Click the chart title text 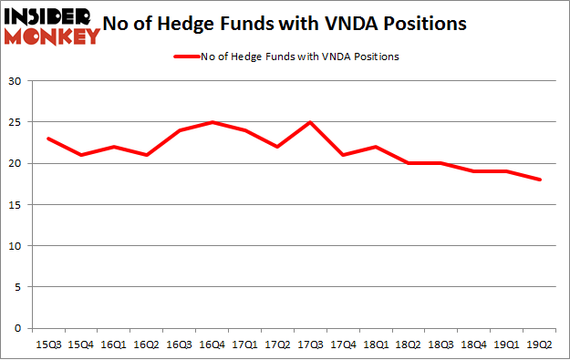pos(290,25)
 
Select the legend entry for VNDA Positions pos(286,57)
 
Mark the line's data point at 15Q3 pos(47,139)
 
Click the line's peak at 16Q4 pos(212,122)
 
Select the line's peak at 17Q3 pos(310,122)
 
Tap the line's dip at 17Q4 pos(344,155)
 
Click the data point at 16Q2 pos(146,155)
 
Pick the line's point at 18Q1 pos(377,147)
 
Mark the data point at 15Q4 pos(80,155)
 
